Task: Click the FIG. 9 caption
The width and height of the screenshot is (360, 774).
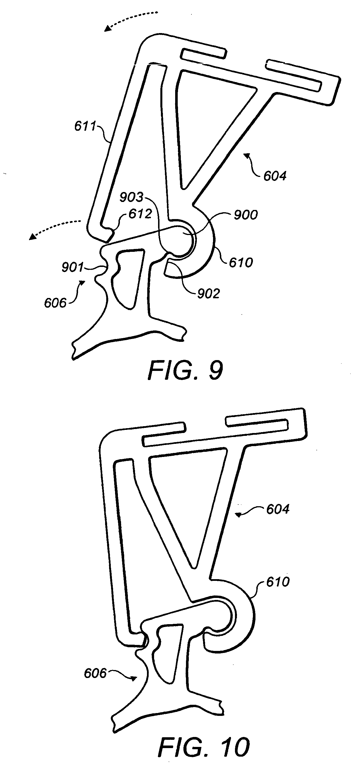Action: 185,371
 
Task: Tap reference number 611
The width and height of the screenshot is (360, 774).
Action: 85,126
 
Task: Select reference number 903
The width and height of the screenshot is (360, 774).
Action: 131,197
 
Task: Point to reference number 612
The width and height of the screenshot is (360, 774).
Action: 140,214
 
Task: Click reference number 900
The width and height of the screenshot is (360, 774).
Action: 246,215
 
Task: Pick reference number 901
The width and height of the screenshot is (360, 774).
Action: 72,267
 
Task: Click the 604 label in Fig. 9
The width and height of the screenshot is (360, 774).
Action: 275,176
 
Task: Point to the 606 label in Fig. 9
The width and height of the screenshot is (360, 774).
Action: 55,303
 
